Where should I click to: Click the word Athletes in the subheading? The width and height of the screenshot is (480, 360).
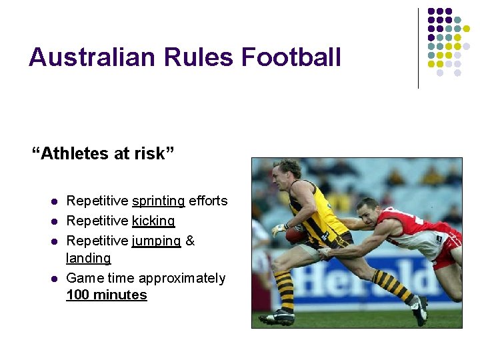tap(76, 154)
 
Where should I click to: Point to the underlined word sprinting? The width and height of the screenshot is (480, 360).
tap(159, 201)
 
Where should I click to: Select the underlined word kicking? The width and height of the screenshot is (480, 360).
tap(153, 220)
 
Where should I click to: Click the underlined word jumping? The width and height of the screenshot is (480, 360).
tap(156, 240)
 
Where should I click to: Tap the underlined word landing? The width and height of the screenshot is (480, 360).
tap(89, 257)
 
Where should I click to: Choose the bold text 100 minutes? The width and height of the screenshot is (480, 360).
tap(107, 295)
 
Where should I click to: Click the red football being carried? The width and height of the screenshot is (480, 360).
tap(296, 235)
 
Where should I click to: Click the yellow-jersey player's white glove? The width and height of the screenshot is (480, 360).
tap(279, 230)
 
